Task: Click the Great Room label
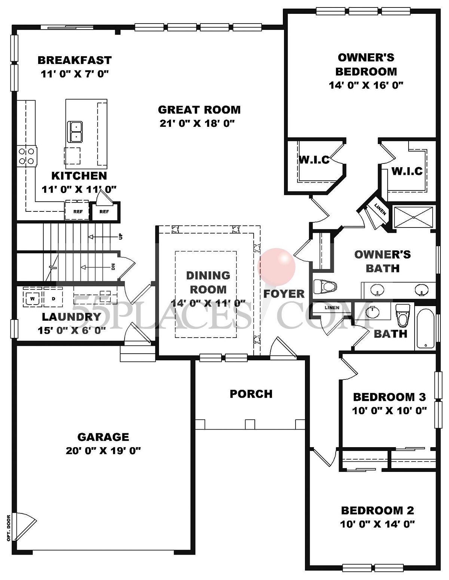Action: (x=199, y=110)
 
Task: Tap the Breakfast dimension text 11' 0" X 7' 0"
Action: (x=74, y=74)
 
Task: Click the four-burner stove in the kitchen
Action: (x=27, y=156)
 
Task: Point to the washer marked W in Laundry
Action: (x=32, y=299)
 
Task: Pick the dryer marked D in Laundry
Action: (x=53, y=299)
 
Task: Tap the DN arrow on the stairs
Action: (x=97, y=267)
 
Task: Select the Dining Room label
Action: (x=208, y=283)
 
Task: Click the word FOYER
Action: (x=284, y=294)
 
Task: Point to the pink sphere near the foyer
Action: (x=277, y=266)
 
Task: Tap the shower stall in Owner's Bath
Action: (x=413, y=217)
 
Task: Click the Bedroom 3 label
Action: (x=389, y=397)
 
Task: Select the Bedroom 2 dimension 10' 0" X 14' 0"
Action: (x=378, y=524)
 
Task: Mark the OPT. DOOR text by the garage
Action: (x=8, y=528)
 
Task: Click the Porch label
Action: (x=251, y=394)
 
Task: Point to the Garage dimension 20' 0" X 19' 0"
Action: (x=103, y=451)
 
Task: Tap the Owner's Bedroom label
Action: (x=366, y=64)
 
